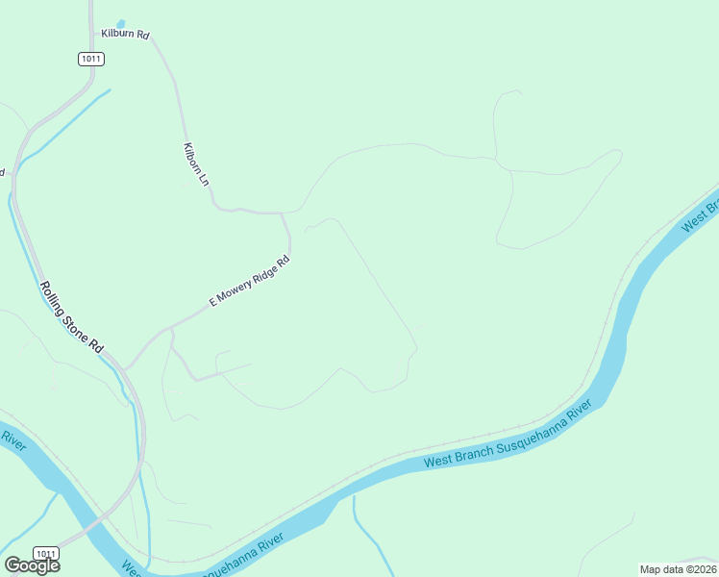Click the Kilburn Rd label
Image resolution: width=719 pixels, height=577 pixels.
tap(126, 35)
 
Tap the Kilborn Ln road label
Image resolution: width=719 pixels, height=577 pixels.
tap(195, 163)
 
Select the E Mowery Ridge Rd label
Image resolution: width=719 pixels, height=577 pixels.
tap(249, 282)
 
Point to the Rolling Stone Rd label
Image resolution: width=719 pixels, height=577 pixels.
tap(71, 315)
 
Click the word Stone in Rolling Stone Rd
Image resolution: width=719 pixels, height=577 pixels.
tap(73, 318)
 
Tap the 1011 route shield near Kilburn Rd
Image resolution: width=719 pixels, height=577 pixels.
tap(91, 59)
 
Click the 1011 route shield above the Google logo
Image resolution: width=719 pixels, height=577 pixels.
tap(45, 553)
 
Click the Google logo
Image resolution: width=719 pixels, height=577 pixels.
tap(32, 565)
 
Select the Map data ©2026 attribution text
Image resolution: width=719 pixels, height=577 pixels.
tap(677, 568)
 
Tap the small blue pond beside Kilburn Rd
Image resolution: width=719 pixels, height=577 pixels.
tap(120, 23)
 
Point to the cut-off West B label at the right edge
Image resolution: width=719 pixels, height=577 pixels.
tap(700, 216)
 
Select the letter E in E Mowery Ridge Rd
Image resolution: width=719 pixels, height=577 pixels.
tap(211, 303)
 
